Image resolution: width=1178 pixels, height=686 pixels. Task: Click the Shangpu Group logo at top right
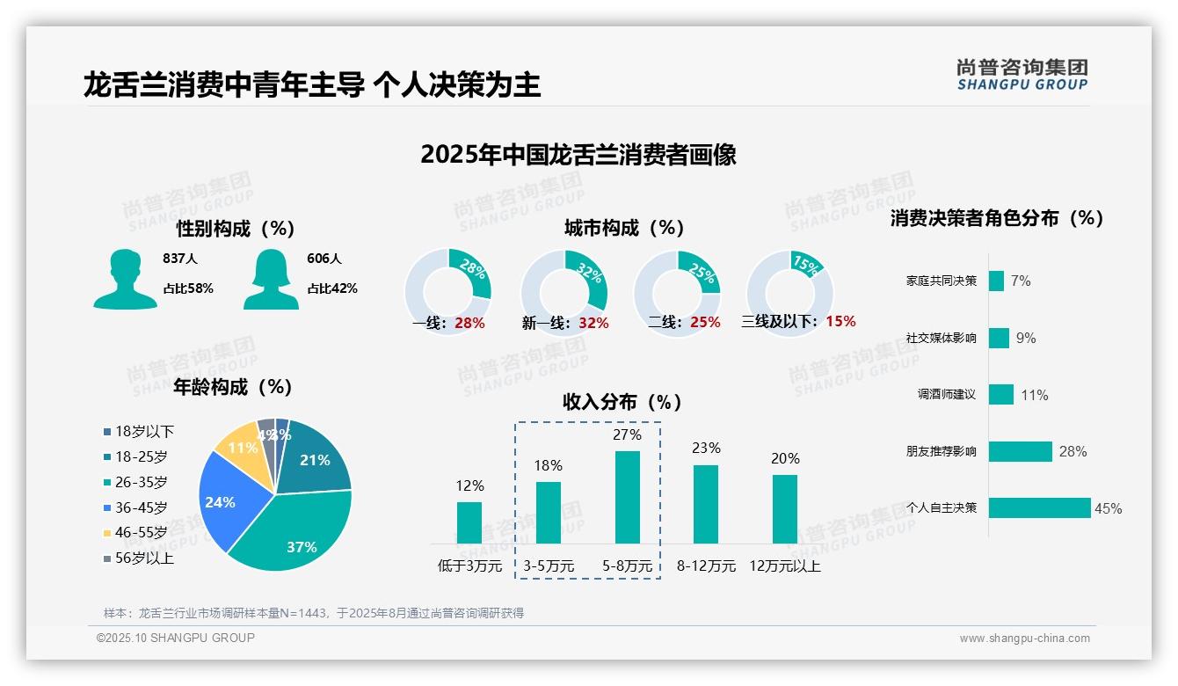click(x=1022, y=75)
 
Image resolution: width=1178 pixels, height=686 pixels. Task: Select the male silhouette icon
click(x=125, y=279)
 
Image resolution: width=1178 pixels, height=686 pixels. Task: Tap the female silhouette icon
click(x=271, y=279)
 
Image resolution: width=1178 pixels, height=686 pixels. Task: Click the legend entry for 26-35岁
click(x=141, y=482)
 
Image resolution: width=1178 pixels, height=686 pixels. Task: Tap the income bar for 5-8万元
click(x=628, y=497)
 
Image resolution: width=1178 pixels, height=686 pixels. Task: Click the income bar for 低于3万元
click(x=469, y=522)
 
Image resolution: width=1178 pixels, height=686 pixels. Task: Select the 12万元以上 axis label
click(x=784, y=566)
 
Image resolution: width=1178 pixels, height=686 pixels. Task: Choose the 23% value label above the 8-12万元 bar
click(x=705, y=449)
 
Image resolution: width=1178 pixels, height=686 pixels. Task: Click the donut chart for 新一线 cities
click(x=564, y=291)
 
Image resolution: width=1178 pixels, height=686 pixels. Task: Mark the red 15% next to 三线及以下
click(x=840, y=322)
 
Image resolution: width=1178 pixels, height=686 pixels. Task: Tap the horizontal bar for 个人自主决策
click(x=1039, y=507)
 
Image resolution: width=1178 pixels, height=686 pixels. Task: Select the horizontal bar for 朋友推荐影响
click(x=1020, y=451)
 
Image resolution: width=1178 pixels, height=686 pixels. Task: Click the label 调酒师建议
click(x=946, y=395)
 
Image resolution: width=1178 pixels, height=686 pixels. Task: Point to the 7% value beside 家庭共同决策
click(x=1020, y=281)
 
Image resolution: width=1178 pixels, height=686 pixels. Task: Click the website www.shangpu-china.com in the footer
click(x=1024, y=639)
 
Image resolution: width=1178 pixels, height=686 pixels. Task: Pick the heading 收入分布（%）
click(x=622, y=402)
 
